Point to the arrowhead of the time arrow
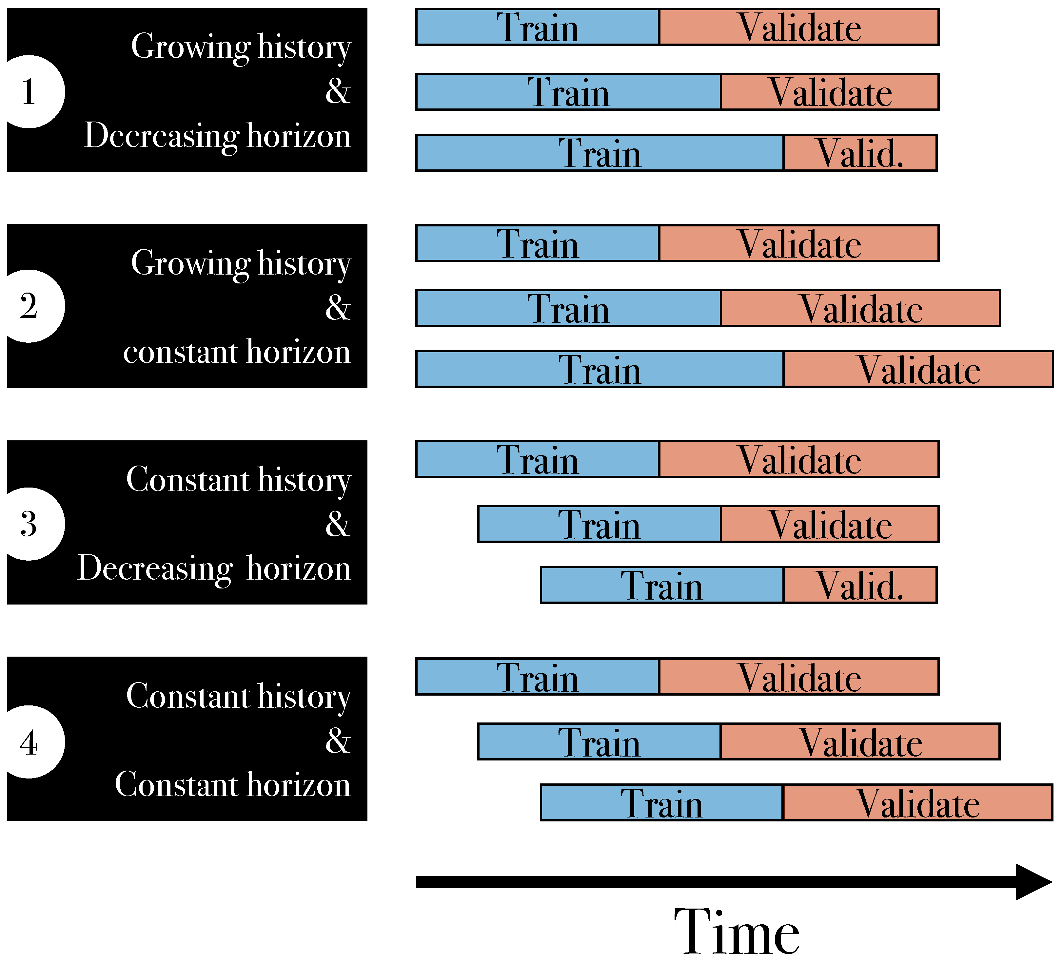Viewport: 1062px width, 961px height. (x=1032, y=882)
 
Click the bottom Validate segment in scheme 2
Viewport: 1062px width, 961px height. (x=918, y=370)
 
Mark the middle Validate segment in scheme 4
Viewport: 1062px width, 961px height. (x=860, y=742)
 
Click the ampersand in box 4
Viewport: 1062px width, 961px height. (x=338, y=740)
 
